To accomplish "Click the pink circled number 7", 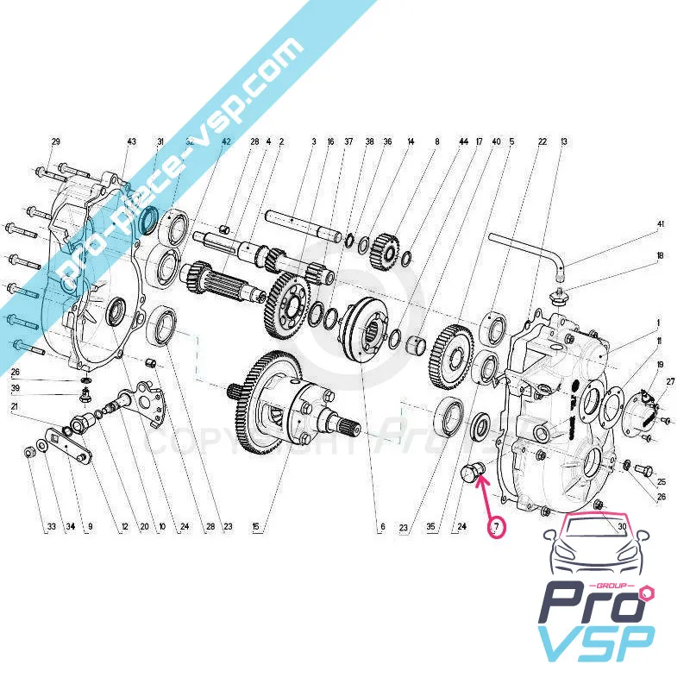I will pos(496,525).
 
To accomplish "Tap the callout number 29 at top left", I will pos(57,141).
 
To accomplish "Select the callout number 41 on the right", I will pos(661,224).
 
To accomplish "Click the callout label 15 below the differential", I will pos(254,526).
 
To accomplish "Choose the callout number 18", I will pos(661,256).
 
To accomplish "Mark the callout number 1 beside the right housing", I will pos(658,323).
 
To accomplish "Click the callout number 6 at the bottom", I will pos(380,526).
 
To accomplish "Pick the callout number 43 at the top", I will pos(132,141).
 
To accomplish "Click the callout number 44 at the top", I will pos(464,141).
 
